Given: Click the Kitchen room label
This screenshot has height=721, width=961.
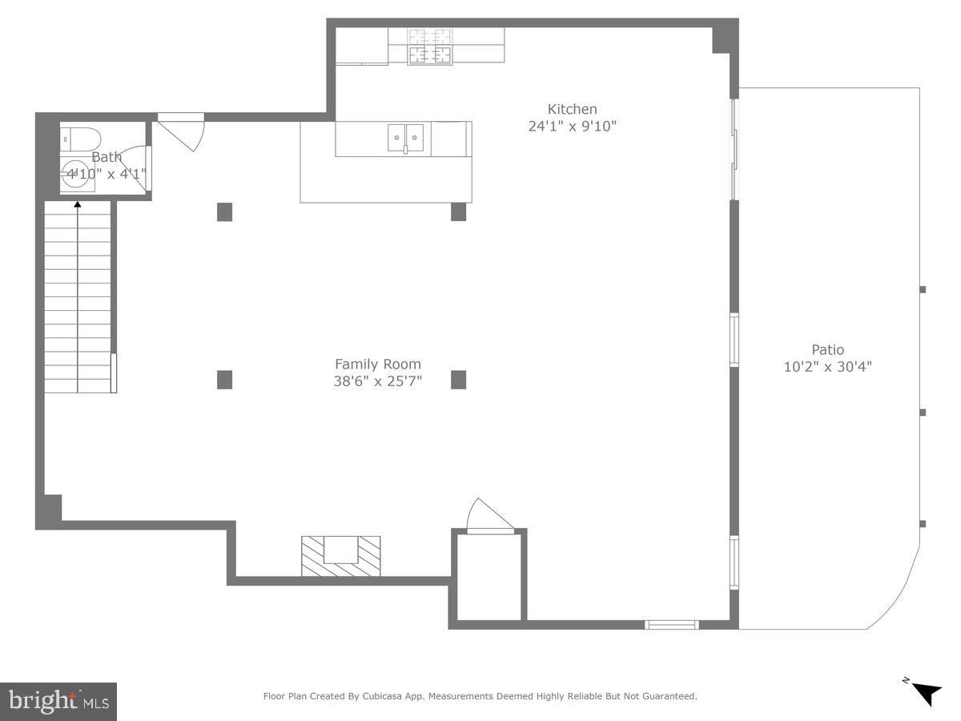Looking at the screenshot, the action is coord(572,109).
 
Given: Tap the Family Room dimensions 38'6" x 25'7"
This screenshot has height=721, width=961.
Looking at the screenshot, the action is coord(377,381).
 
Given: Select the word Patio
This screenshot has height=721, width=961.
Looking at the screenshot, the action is coord(827,349).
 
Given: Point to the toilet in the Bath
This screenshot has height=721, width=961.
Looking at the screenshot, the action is coord(80,139).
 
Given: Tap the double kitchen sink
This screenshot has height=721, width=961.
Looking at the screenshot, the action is coord(405,138).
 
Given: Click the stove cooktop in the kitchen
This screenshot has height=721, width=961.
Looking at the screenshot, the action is coord(430,46).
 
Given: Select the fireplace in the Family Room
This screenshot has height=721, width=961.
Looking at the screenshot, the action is coord(340,556).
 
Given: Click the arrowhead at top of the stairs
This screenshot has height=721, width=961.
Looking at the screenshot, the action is coord(78,204).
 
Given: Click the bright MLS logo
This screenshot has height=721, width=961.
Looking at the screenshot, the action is coord(58,702).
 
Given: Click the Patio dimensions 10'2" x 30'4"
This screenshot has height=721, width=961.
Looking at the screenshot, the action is coord(827,366).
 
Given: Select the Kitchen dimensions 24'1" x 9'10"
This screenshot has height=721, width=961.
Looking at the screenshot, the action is coord(572,126).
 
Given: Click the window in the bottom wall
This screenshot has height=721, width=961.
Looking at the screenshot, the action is coord(672,625).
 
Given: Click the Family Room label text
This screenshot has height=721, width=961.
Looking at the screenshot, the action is coord(377,364).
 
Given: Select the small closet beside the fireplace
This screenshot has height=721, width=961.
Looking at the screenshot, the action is coord(489,577).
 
